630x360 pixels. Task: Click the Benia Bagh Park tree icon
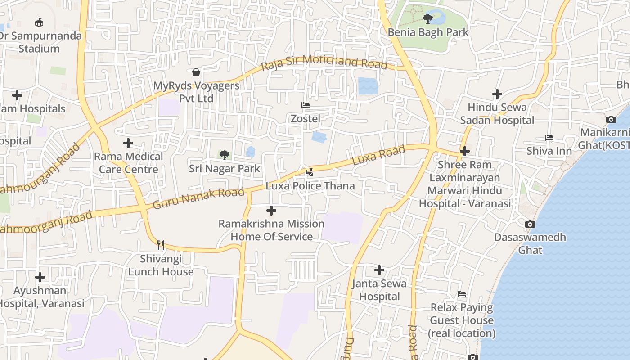[x=427, y=18]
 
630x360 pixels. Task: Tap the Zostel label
[x=306, y=118]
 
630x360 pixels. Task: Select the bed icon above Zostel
[x=306, y=105]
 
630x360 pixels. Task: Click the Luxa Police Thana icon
[x=310, y=172]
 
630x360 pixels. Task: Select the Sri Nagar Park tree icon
[x=224, y=155]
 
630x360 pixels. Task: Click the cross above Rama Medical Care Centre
[x=128, y=143]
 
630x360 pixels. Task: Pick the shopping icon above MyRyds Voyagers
[x=196, y=72]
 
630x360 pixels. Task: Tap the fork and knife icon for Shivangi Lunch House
[x=161, y=245]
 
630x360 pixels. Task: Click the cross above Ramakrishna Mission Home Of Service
[x=271, y=210]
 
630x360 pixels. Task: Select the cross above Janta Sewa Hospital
[x=379, y=270]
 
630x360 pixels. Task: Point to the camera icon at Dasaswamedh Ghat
[x=530, y=224]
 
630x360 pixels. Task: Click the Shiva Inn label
[x=549, y=151]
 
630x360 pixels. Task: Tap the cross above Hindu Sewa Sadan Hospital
[x=497, y=94]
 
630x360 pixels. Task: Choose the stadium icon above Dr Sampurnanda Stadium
[x=39, y=22]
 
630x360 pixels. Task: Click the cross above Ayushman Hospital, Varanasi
[x=40, y=277]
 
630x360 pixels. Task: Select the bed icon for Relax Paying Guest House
[x=462, y=294]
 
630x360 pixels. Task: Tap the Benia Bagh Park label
[x=428, y=32]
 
